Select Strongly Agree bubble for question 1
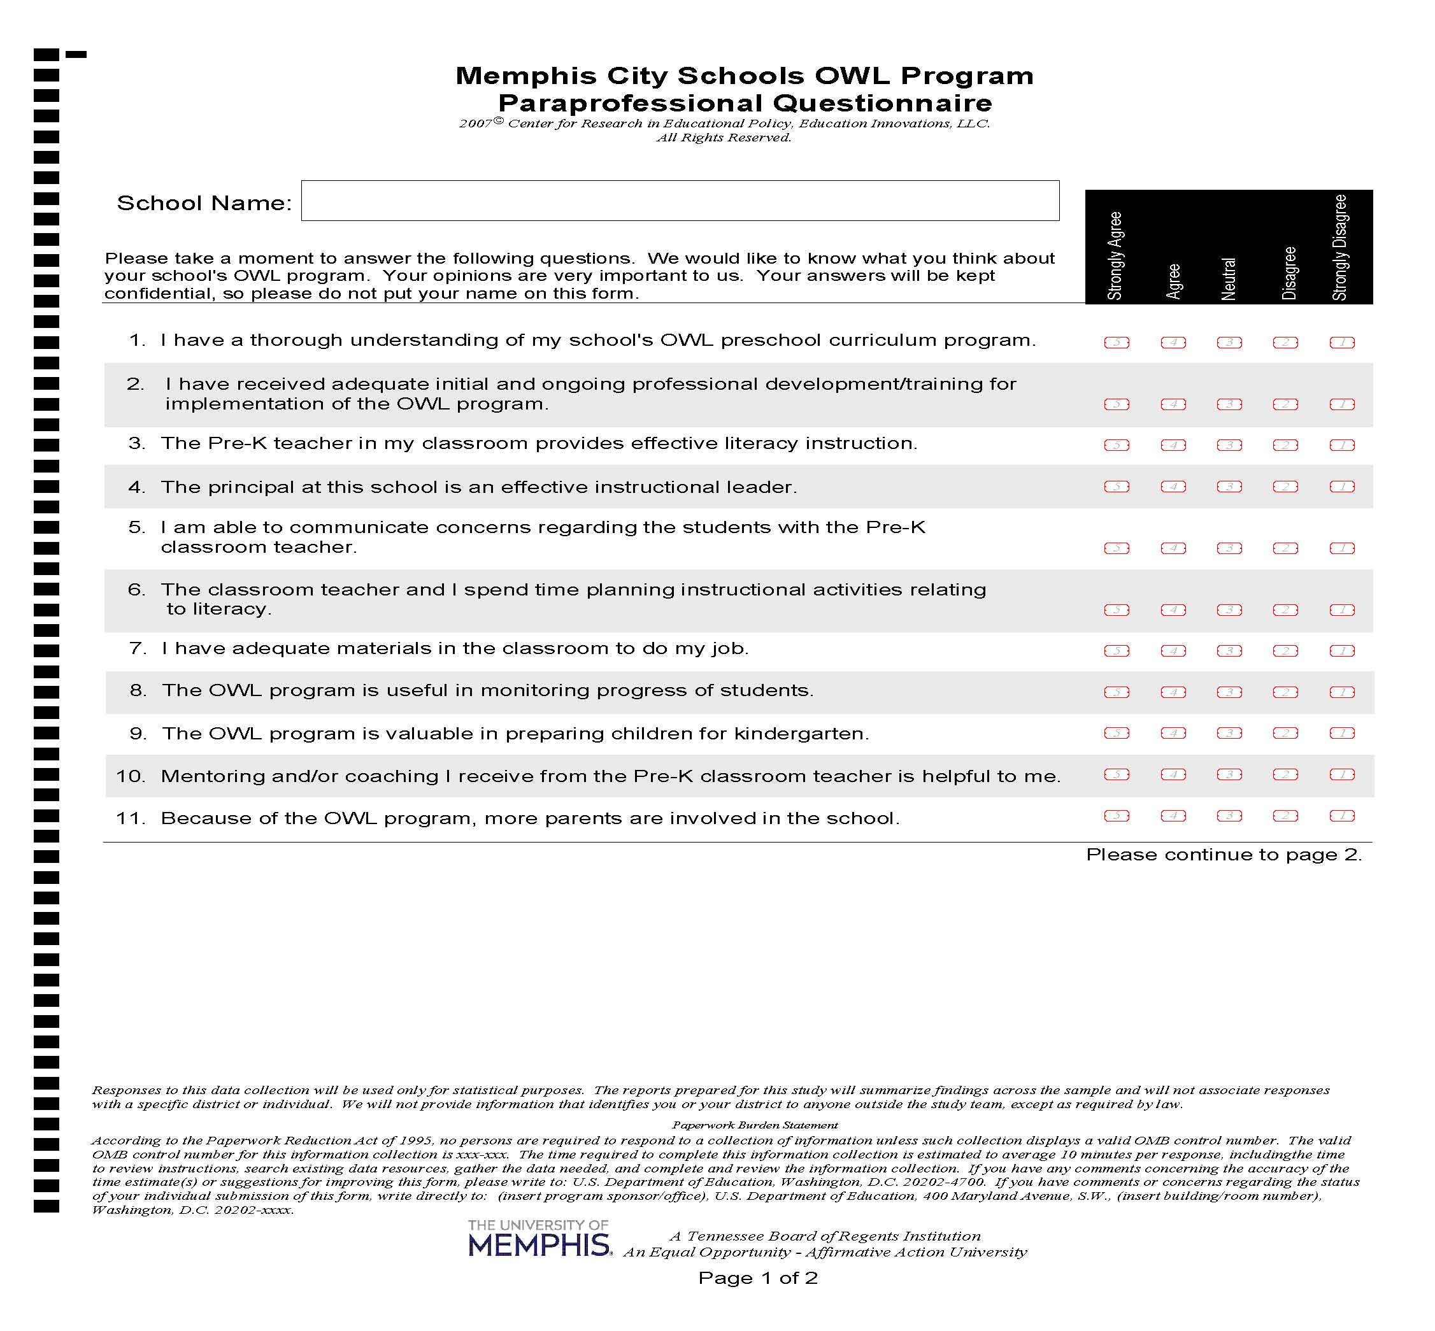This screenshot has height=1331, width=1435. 1116,343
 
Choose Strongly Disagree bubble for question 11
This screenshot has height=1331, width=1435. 1341,816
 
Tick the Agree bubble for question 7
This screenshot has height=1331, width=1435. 1172,651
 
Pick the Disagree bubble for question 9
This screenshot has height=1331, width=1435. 1285,733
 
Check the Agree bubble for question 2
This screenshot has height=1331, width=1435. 1172,405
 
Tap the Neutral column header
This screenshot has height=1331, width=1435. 1228,279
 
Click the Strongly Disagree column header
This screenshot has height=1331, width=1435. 1339,248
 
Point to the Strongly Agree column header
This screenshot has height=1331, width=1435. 1115,255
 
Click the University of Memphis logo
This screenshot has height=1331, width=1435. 539,1237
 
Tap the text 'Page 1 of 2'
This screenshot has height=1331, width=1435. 757,1278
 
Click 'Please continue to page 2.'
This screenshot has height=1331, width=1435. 1223,855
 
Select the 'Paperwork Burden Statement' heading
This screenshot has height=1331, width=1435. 754,1125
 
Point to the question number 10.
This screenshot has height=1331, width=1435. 131,776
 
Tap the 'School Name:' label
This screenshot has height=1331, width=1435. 204,203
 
